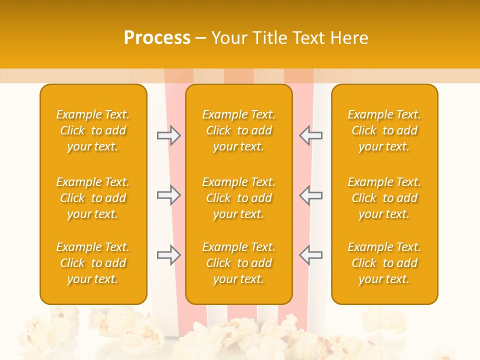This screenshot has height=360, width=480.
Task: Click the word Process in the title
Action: pos(157,38)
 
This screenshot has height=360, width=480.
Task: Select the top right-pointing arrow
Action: pos(169,136)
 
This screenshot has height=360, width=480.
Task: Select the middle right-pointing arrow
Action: pos(169,195)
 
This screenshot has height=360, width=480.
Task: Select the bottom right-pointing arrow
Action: pos(169,255)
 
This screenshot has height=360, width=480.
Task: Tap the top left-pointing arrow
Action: pos(311,136)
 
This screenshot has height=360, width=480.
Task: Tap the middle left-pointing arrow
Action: pos(311,195)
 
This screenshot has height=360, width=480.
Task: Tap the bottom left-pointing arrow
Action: pos(311,255)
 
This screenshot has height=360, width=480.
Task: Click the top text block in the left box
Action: pos(93,130)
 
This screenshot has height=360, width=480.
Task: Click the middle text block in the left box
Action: pos(93,198)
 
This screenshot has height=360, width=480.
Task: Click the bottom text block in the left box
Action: pos(93,263)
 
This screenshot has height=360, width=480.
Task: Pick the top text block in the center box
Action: pos(239,130)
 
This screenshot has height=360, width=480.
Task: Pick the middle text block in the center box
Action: pos(239,198)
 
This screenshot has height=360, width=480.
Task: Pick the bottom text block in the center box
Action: pos(239,263)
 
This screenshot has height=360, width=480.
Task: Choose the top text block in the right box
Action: pos(384,130)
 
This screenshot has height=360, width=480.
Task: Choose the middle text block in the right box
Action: pos(384,198)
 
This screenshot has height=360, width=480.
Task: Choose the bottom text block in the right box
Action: pos(384,263)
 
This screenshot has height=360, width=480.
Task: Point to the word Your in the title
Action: pos(228,38)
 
